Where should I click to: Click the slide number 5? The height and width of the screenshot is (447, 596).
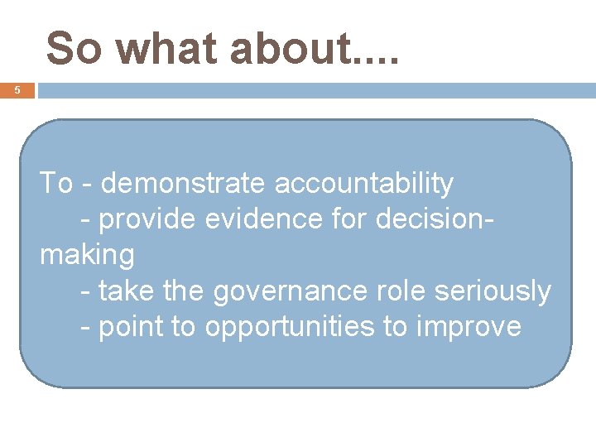(x=17, y=90)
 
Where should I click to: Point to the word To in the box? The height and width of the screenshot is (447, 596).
(x=56, y=183)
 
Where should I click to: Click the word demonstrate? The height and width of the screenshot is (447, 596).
(x=185, y=183)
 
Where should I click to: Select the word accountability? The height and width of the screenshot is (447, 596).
(x=364, y=183)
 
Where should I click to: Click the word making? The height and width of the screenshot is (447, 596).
(x=87, y=256)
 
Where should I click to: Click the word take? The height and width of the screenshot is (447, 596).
(x=127, y=291)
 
